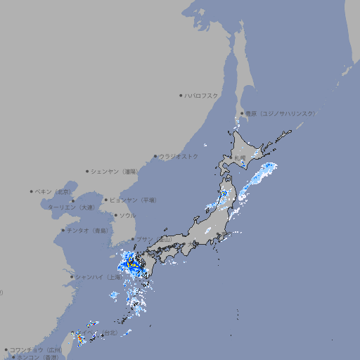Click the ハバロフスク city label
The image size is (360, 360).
click(202, 95)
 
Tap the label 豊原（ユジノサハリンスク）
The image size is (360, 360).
click(280, 113)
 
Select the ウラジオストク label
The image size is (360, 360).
click(179, 156)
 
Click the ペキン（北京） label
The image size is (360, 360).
click(53, 191)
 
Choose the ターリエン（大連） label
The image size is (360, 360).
click(70, 207)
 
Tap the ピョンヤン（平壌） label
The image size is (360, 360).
click(133, 200)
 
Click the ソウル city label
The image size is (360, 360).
click(127, 215)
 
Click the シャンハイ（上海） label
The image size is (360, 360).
click(98, 277)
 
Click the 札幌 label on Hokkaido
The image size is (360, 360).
click(240, 157)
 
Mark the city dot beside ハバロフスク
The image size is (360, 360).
click(181, 95)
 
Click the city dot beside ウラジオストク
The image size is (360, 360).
click(155, 156)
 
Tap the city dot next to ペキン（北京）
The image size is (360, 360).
click(32, 191)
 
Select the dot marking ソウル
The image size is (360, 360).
click(115, 215)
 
